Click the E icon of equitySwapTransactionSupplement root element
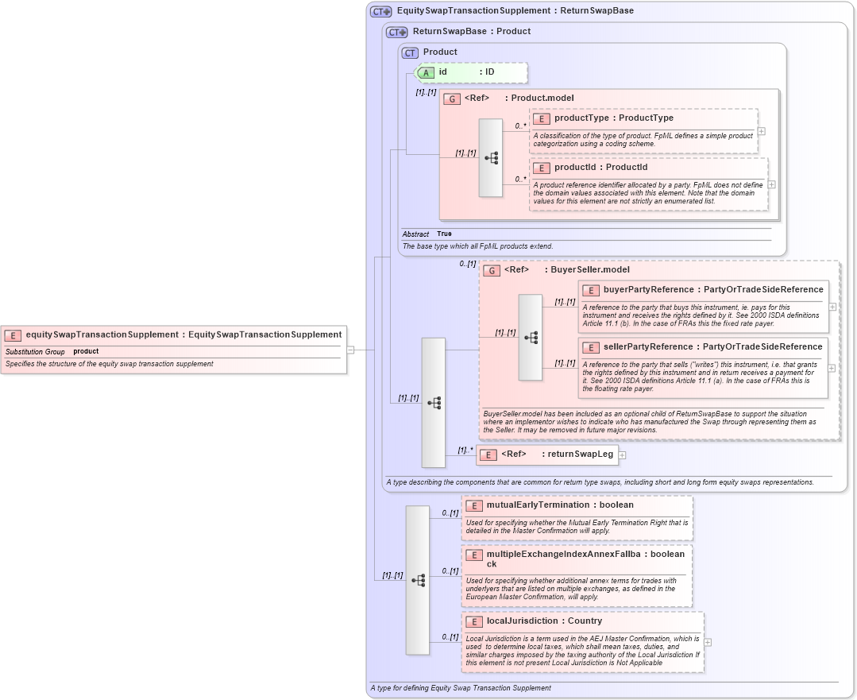coord(13,335)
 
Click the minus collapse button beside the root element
coord(349,349)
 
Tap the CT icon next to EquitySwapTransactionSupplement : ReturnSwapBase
coord(381,12)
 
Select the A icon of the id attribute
coord(426,72)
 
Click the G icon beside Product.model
coord(452,99)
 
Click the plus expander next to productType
coord(761,132)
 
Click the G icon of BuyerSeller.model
coord(492,270)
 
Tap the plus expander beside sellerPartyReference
coord(832,368)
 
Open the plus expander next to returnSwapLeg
coord(622,455)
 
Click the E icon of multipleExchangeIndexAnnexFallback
coord(473,554)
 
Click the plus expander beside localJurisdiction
coord(708,642)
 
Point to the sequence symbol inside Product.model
coord(491,157)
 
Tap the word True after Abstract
coord(444,234)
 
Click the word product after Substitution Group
coord(86,351)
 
